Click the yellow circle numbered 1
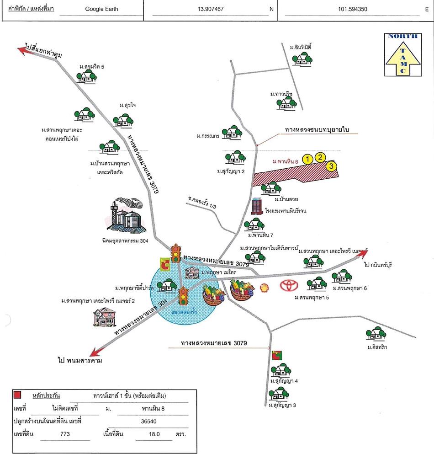coord(308,159)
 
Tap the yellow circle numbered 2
coord(321,157)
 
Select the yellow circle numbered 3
coord(331,166)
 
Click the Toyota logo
coord(289,286)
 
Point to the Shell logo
coord(264,288)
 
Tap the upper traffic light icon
coord(175,253)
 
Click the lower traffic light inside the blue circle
coord(184,296)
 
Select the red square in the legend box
coord(18,395)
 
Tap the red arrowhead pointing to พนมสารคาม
coord(95,352)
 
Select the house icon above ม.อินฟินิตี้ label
coord(302,58)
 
